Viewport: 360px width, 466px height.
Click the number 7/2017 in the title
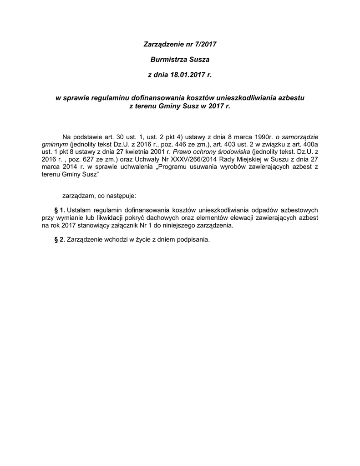click(203, 45)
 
